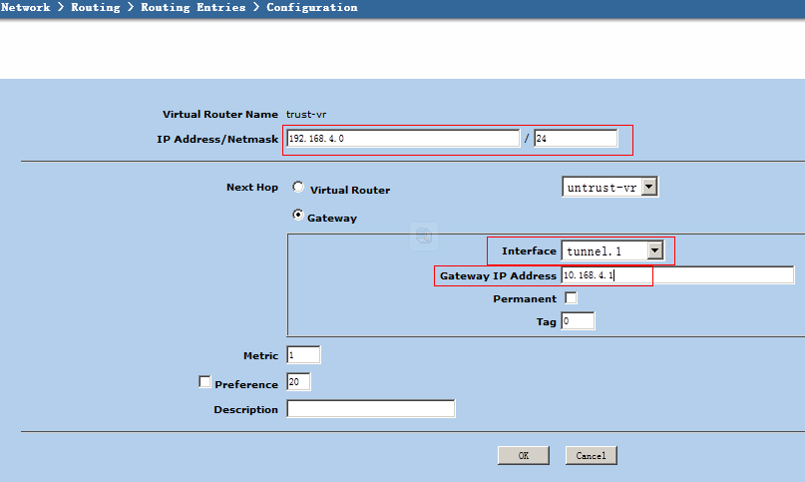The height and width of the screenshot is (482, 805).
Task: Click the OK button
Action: (x=523, y=455)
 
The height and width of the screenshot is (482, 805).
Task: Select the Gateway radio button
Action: (x=298, y=215)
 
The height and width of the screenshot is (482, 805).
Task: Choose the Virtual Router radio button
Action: (x=298, y=187)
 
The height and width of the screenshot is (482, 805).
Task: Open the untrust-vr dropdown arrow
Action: (x=649, y=187)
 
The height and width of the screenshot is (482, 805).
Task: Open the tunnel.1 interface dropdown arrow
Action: (x=655, y=250)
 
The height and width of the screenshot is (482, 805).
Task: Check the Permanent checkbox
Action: (x=571, y=298)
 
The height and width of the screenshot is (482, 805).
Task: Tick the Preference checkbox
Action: (x=204, y=382)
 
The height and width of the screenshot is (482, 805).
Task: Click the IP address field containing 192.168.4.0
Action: (x=403, y=139)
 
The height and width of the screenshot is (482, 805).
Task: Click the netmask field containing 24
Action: (x=576, y=139)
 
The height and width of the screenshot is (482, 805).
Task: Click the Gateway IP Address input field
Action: (x=677, y=274)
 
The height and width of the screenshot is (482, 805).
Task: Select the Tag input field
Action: (x=578, y=321)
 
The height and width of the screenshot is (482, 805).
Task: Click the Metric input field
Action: (x=303, y=355)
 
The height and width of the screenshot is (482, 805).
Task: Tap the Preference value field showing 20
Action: (x=298, y=382)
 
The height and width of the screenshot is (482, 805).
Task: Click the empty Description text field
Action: (x=371, y=409)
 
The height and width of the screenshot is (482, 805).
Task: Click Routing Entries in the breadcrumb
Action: (x=194, y=7)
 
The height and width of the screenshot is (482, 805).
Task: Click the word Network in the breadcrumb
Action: (x=26, y=7)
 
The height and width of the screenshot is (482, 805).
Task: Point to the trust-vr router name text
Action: (x=306, y=115)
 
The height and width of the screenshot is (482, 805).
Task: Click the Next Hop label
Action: (x=252, y=187)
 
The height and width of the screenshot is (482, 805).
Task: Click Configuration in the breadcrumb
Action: (x=311, y=7)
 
